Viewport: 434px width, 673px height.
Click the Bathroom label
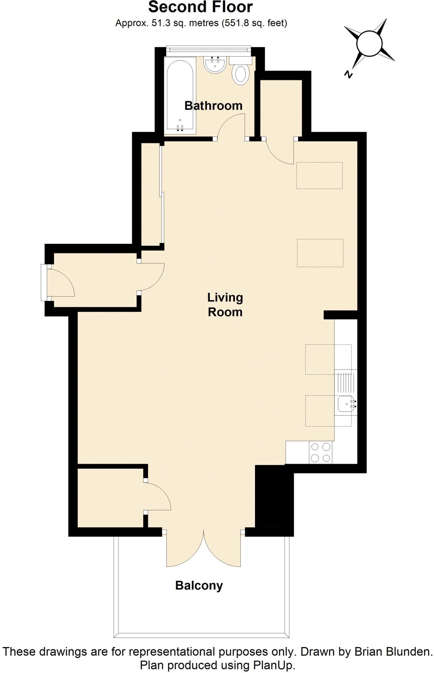pyautogui.click(x=213, y=105)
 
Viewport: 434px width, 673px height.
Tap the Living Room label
pyautogui.click(x=225, y=305)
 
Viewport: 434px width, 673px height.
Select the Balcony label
pyautogui.click(x=199, y=585)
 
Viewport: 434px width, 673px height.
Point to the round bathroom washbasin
pyautogui.click(x=215, y=65)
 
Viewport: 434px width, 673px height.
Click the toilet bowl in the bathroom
pyautogui.click(x=241, y=75)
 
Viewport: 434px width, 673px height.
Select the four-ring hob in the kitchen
pyautogui.click(x=320, y=453)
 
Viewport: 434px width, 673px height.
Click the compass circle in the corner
pyautogui.click(x=369, y=44)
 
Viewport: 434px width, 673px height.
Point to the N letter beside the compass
pyautogui.click(x=348, y=74)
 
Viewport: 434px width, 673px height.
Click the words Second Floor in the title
pyautogui.click(x=200, y=7)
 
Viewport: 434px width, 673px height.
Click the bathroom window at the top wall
pyautogui.click(x=208, y=50)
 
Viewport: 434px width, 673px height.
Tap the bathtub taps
pyautogui.click(x=180, y=128)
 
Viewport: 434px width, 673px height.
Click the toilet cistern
pyautogui.click(x=241, y=60)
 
